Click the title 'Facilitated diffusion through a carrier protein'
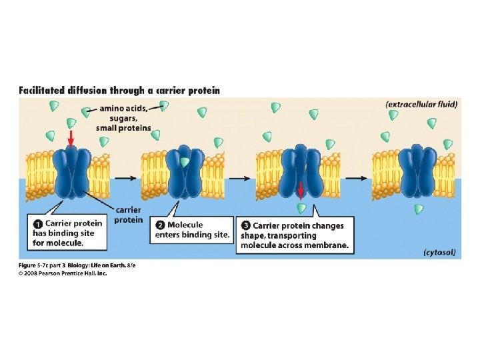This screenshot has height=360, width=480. pyautogui.click(x=119, y=90)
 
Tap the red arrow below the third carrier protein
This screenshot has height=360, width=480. pyautogui.click(x=301, y=191)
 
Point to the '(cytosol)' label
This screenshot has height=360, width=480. pyautogui.click(x=439, y=253)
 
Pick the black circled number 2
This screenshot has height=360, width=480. pyautogui.click(x=159, y=225)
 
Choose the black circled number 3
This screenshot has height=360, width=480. pyautogui.click(x=245, y=226)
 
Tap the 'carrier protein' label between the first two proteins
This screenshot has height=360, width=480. pyautogui.click(x=128, y=215)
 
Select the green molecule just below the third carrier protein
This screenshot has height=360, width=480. pyautogui.click(x=301, y=207)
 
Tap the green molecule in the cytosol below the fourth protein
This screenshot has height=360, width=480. pyautogui.click(x=418, y=209)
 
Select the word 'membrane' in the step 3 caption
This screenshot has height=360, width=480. pyautogui.click(x=327, y=245)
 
